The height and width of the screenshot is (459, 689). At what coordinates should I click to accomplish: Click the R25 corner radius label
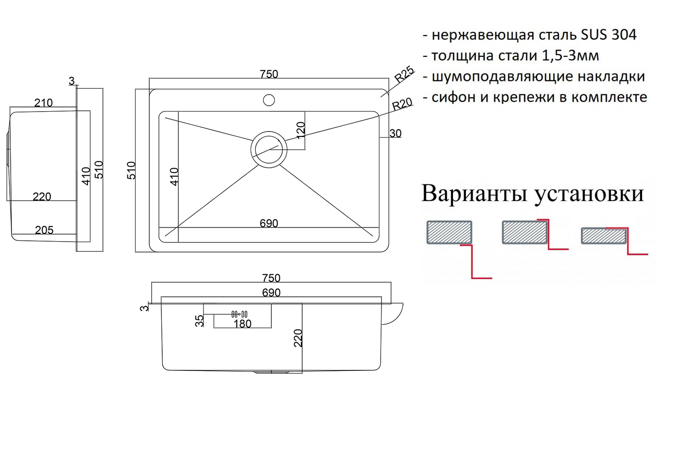(x=404, y=74)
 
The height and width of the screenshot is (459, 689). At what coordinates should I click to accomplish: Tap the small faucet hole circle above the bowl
(x=269, y=100)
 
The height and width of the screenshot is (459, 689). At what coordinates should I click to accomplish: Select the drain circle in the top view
(x=269, y=149)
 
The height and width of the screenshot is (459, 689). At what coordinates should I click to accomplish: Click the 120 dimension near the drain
(x=301, y=130)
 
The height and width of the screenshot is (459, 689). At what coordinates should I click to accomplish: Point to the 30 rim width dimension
(x=396, y=133)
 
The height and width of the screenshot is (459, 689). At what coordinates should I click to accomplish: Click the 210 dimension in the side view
(x=43, y=103)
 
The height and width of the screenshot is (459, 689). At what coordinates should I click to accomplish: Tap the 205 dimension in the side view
(x=44, y=230)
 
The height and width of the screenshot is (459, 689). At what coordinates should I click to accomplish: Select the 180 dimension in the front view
(x=242, y=324)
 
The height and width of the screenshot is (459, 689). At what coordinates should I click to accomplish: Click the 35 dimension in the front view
(x=200, y=320)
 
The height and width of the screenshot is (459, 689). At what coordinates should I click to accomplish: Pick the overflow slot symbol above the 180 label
(x=239, y=314)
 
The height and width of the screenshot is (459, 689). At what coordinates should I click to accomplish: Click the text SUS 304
(x=608, y=34)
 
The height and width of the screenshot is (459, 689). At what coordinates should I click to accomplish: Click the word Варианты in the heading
(x=474, y=194)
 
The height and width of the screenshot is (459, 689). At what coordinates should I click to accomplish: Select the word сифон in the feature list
(x=454, y=97)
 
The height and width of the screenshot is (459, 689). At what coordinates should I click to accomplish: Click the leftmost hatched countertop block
(x=450, y=232)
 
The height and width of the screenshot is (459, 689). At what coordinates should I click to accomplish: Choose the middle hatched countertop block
(x=525, y=232)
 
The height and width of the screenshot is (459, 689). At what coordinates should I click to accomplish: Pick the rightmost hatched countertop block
(x=604, y=236)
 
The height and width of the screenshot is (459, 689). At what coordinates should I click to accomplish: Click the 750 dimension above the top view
(x=269, y=74)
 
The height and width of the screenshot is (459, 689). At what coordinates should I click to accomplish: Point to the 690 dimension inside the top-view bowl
(x=269, y=223)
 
